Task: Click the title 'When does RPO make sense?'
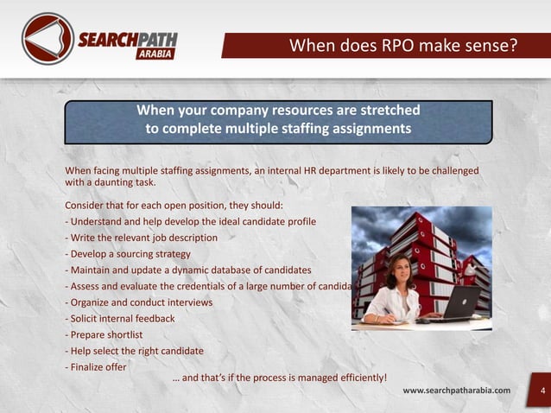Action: [402, 45]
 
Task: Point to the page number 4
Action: [542, 391]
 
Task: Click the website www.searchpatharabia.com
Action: [456, 391]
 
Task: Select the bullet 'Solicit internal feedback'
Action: [122, 318]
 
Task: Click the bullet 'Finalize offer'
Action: [97, 366]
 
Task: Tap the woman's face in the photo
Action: [400, 266]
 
